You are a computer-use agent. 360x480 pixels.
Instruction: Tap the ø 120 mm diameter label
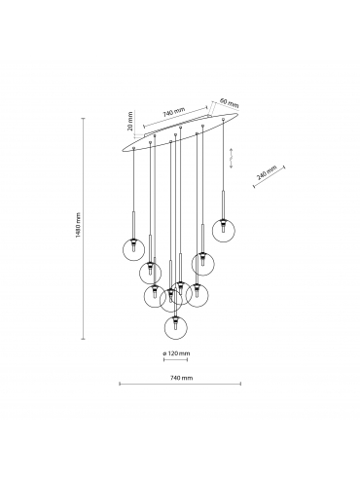(176, 353)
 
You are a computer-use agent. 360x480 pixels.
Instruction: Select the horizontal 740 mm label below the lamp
(181, 378)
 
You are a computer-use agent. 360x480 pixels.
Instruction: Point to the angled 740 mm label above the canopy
(174, 112)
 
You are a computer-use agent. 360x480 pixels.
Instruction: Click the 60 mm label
(229, 103)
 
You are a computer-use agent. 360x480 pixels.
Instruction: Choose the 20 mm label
(130, 121)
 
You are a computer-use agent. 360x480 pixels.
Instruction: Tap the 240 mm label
(267, 172)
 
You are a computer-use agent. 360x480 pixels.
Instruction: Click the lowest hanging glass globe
(176, 328)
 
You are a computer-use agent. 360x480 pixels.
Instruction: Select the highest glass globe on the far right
(224, 230)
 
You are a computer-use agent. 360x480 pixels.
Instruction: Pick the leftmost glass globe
(133, 249)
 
